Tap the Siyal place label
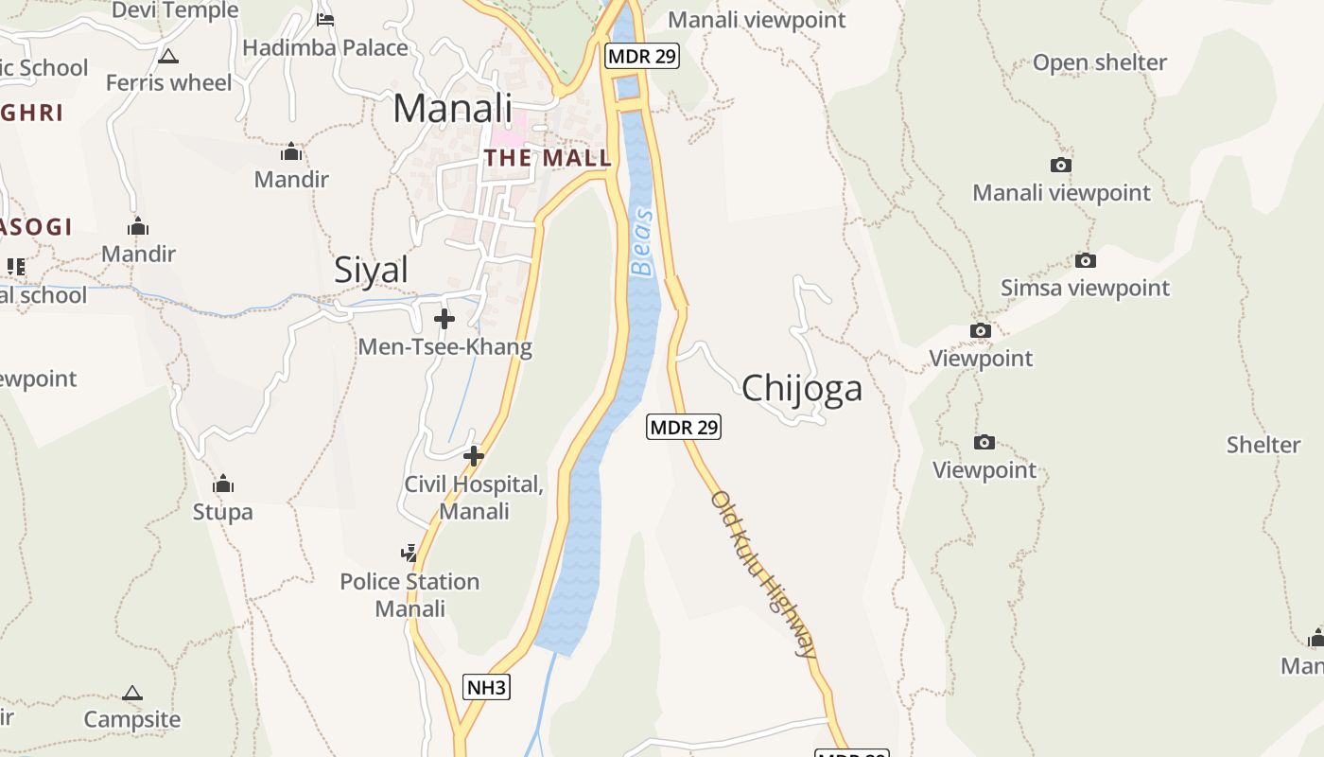(372, 271)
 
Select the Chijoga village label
(802, 388)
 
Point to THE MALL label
(548, 158)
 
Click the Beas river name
(643, 243)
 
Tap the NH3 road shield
(486, 687)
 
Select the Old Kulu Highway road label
(763, 573)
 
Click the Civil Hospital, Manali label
(474, 498)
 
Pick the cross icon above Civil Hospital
(473, 457)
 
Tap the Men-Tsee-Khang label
(444, 347)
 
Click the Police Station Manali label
(409, 594)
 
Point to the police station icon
(409, 553)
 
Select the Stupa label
(223, 512)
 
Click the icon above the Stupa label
(223, 484)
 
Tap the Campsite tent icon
(132, 694)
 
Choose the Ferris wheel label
(168, 83)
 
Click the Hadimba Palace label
(325, 47)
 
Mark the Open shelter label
(1100, 62)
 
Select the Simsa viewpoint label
(1085, 288)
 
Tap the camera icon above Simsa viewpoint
(1085, 260)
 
